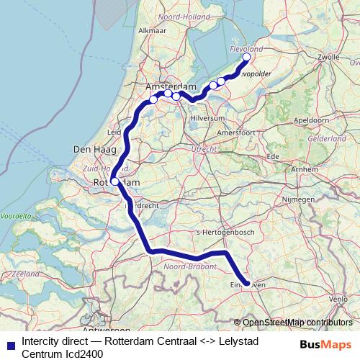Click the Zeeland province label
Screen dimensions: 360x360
(25, 274)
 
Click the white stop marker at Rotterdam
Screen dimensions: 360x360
(114, 181)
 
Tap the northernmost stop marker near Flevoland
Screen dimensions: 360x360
(246, 57)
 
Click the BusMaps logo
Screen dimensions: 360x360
(325, 345)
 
